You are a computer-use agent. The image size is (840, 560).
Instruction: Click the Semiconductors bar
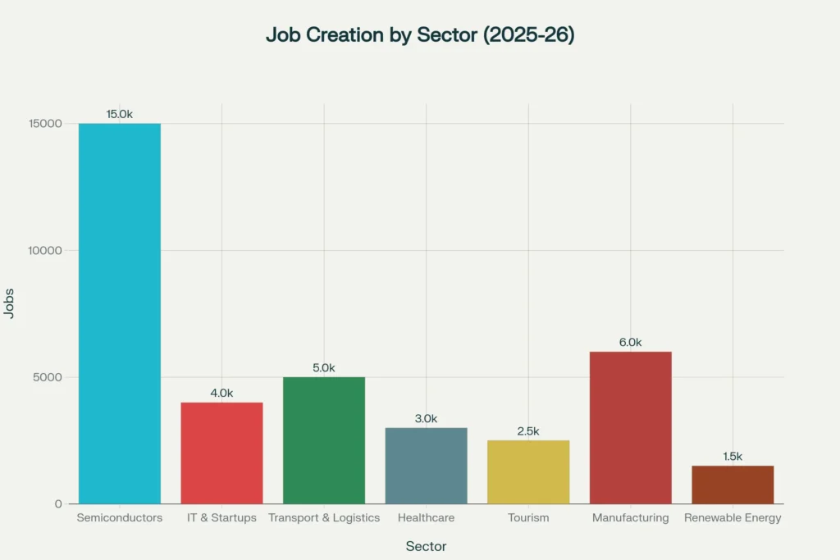[x=120, y=313]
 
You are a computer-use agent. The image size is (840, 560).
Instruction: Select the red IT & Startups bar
[x=221, y=453]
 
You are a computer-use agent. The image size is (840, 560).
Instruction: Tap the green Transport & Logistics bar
[x=324, y=440]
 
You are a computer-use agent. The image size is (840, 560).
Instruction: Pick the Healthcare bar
[x=426, y=466]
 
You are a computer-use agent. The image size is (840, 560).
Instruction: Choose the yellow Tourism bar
[x=528, y=471]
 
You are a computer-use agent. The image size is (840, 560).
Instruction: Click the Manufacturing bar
[x=630, y=427]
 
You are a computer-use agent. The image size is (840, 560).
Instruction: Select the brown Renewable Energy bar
[x=733, y=485]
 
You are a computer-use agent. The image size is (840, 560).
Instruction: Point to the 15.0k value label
[x=120, y=114]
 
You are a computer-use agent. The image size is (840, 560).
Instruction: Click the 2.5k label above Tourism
[x=528, y=431]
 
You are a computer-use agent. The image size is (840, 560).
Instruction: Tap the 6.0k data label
[x=630, y=343]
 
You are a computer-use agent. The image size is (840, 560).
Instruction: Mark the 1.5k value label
[x=733, y=457]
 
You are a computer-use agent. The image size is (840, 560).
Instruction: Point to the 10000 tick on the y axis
[x=42, y=250]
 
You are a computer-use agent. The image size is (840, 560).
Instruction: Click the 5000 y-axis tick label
[x=46, y=377]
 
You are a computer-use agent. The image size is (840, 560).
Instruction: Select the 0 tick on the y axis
[x=59, y=504]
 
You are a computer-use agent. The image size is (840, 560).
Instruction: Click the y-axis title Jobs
[x=9, y=303]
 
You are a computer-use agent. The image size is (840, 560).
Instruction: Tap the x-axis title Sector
[x=427, y=546]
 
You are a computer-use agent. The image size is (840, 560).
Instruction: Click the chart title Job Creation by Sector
[x=419, y=34]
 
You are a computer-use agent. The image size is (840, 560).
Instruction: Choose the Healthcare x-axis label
[x=426, y=518]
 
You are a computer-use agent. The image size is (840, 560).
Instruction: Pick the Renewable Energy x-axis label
[x=733, y=518]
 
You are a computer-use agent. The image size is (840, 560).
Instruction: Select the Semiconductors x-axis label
[x=120, y=518]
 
